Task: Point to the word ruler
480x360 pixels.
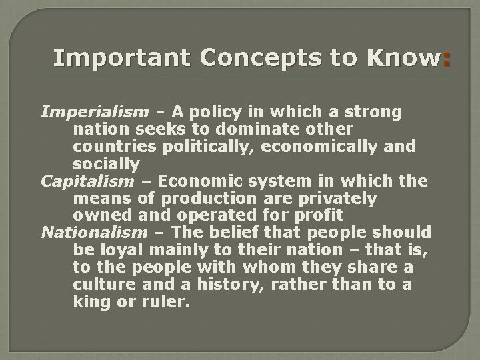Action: [170, 302]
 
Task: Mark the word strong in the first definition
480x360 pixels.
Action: [378, 112]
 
